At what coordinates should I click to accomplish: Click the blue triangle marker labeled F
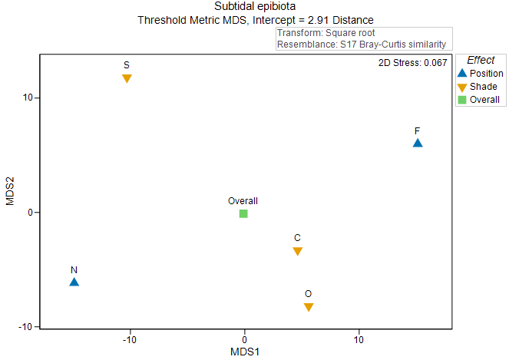coord(418,143)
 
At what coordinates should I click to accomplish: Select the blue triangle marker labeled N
coord(74,282)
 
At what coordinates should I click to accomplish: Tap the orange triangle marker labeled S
coord(127,79)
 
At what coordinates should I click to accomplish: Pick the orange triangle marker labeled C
coord(297,252)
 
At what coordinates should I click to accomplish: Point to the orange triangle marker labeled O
coord(309,307)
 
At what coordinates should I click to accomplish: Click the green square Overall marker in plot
coord(243,213)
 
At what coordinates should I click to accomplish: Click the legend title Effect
coord(481,60)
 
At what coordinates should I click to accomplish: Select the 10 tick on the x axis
coord(359,339)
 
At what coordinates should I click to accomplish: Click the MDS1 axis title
coord(245,352)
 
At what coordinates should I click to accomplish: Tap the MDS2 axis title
coord(11,190)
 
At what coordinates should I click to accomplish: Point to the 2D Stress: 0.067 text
coord(413,63)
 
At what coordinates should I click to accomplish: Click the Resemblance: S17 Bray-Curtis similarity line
coord(362,45)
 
